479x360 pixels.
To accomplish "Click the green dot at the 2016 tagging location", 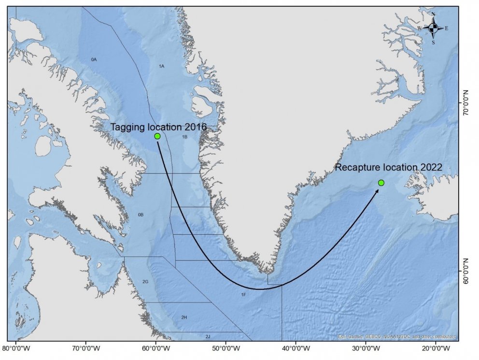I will tap(157, 136).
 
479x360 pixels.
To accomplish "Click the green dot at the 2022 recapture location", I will tap(381, 183).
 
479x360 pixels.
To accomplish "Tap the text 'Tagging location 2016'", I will tap(158, 127).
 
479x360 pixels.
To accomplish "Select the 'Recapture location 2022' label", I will tap(388, 167).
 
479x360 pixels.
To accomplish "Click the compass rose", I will tap(433, 28).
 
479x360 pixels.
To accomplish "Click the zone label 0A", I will tap(94, 59).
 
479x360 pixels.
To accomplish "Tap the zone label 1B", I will tap(184, 137).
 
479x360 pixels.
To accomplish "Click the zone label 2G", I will tap(145, 281).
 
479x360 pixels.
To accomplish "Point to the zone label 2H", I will tap(184, 317).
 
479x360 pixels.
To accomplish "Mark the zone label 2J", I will tap(208, 336).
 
